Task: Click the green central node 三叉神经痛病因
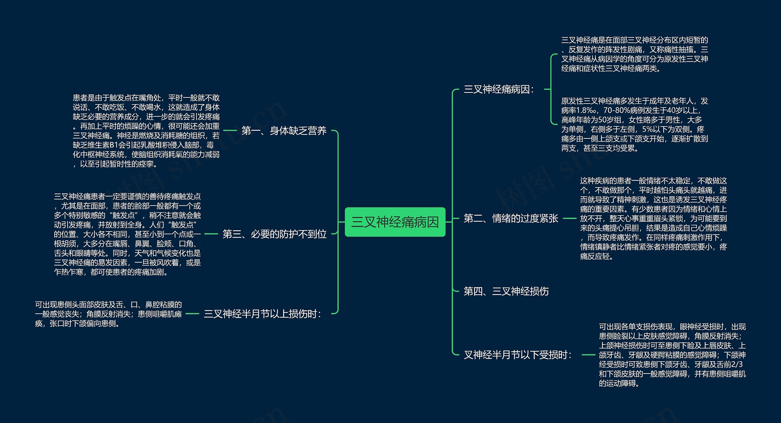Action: pos(395,222)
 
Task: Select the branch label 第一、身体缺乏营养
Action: pos(284,131)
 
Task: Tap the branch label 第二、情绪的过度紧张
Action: pos(511,218)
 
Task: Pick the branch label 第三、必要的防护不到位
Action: pos(274,234)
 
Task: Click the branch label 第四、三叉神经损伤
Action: pos(506,291)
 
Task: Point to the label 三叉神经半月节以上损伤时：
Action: pos(263,314)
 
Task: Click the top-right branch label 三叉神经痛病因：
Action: pos(499,89)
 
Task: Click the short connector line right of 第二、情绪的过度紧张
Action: pos(569,218)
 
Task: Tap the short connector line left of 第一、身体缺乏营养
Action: pos(230,130)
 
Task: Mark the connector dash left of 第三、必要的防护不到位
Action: pos(211,234)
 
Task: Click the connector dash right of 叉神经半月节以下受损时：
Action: pos(588,355)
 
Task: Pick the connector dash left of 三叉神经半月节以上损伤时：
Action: pos(192,314)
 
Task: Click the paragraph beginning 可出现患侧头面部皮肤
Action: pos(108,314)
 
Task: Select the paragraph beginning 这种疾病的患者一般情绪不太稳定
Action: pos(653,218)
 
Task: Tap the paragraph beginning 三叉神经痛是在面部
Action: pos(635,54)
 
